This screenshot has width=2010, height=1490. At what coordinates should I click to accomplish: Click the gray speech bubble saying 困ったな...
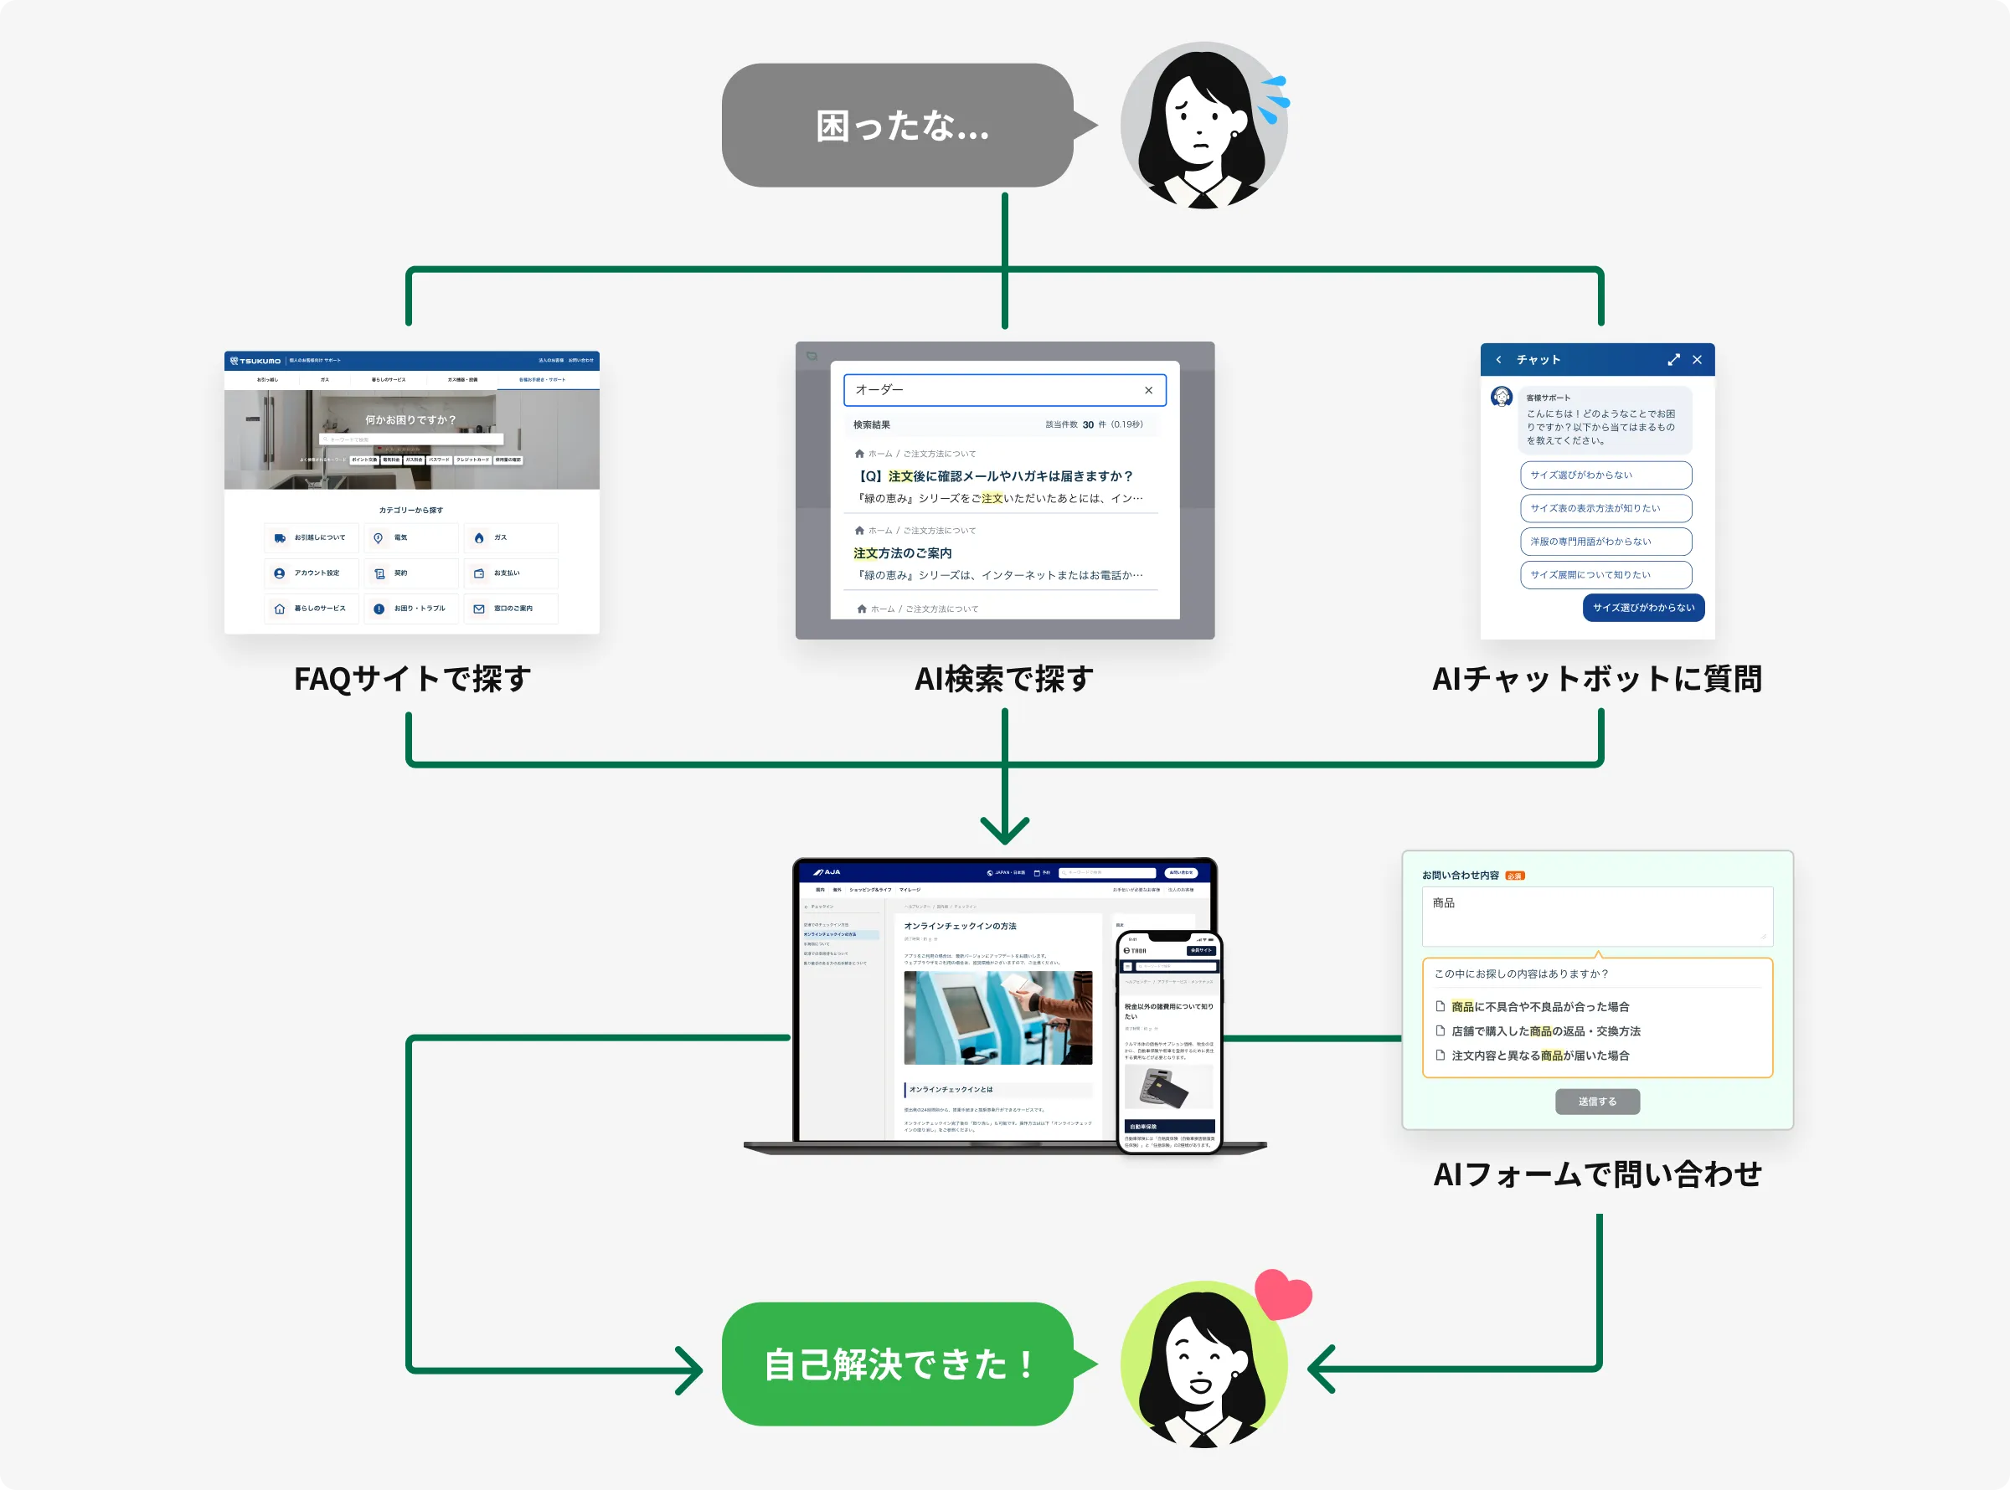point(898,126)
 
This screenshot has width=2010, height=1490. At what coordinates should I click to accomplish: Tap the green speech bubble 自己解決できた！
point(898,1364)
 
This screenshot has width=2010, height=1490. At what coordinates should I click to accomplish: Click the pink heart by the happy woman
point(1283,1294)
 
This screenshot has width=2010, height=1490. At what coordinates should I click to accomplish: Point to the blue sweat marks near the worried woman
point(1274,100)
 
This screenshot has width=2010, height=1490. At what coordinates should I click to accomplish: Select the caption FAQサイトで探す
point(412,678)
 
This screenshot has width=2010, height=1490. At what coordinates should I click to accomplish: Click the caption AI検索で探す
point(1004,678)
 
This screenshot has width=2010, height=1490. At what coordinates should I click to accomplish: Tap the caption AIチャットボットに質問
point(1597,678)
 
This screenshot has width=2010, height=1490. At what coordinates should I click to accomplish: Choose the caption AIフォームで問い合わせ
point(1597,1174)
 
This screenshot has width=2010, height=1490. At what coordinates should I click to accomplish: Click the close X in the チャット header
point(1697,360)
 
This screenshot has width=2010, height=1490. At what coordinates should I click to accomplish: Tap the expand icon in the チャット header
point(1673,360)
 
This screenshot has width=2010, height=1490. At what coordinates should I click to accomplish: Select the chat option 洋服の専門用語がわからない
point(1605,541)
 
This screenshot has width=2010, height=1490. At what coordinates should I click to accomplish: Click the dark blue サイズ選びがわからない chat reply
point(1643,608)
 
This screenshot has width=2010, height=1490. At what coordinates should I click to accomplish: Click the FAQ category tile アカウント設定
point(312,573)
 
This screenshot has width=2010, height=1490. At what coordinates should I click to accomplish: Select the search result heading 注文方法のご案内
point(902,552)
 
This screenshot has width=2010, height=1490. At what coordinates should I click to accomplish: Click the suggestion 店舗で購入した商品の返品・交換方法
point(1545,1031)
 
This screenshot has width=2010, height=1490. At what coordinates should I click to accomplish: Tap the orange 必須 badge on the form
point(1515,876)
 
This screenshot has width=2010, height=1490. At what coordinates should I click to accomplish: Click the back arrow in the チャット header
point(1498,360)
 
